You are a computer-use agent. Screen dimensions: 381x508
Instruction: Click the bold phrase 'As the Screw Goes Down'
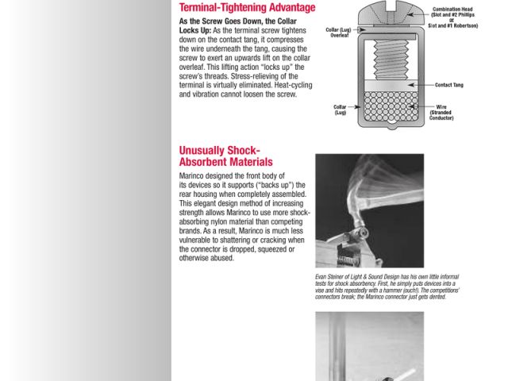click(214, 21)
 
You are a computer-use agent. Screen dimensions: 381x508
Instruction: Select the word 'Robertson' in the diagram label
click(464, 25)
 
